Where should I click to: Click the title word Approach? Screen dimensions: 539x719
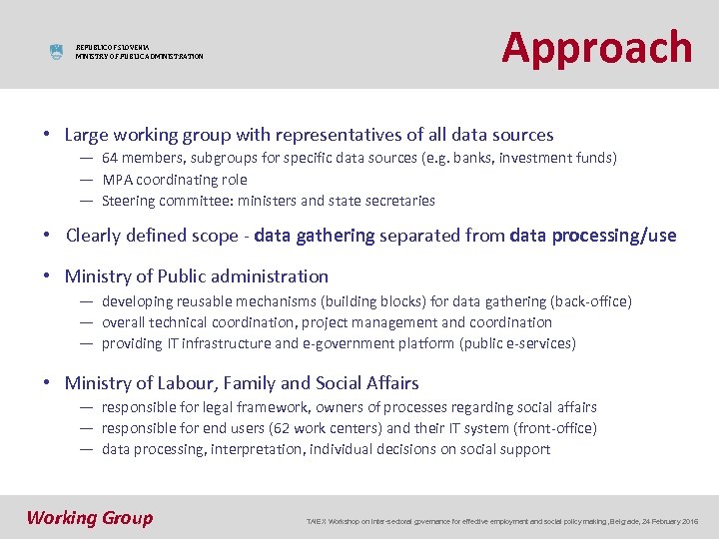596,47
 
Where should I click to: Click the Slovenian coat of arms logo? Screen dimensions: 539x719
56,52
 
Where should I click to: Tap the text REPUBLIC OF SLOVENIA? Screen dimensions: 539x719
113,47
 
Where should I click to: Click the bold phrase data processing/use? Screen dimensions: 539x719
592,236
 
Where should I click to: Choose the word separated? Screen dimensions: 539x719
419,236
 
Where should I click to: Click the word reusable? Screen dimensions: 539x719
204,301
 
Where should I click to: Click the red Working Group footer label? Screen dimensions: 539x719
90,517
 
